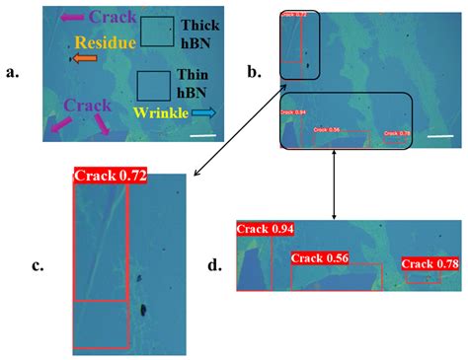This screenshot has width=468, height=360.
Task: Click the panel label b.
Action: [254, 71]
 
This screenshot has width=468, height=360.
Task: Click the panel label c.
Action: [38, 264]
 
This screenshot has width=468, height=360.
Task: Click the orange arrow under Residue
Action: [84, 59]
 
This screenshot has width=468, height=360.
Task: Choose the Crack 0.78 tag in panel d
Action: [435, 263]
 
